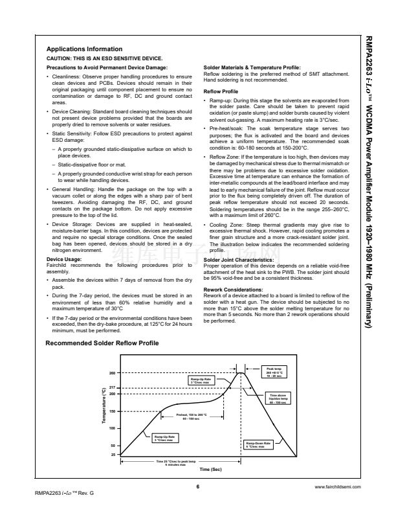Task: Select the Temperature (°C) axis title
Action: click(104, 405)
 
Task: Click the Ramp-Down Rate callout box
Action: click(259, 445)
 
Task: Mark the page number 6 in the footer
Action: click(197, 485)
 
